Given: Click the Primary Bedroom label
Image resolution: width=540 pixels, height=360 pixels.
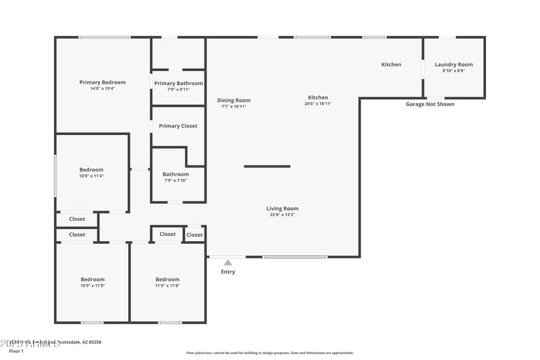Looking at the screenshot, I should [x=103, y=82].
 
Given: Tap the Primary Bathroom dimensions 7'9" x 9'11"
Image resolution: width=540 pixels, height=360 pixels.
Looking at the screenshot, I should [x=178, y=89].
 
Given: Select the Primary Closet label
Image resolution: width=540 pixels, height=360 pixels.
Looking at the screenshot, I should [x=178, y=126].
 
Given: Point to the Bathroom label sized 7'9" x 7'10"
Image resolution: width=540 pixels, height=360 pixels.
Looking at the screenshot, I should [x=175, y=174].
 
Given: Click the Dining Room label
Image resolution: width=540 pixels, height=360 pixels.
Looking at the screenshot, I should [x=234, y=100].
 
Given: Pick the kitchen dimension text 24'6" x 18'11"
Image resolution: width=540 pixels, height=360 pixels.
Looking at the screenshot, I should [x=318, y=104].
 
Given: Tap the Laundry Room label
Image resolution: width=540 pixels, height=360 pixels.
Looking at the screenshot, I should [x=454, y=64].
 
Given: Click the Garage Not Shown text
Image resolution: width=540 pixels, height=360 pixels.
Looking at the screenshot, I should [x=430, y=104].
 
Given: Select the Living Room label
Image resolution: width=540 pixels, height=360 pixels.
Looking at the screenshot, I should [x=282, y=209].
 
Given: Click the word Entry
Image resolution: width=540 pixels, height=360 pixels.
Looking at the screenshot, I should [x=228, y=272].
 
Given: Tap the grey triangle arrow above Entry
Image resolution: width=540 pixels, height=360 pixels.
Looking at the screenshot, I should [x=228, y=263].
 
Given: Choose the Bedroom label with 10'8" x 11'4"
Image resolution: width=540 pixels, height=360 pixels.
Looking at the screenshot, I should [x=92, y=170].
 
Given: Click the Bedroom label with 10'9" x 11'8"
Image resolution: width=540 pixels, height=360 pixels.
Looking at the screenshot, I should [x=92, y=280].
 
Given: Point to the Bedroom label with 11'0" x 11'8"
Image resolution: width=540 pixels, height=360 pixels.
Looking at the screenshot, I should [x=167, y=280].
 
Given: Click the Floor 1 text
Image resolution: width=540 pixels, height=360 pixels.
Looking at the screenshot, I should [x=16, y=351].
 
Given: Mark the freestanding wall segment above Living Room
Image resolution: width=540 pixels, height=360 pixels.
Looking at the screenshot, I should [x=267, y=166].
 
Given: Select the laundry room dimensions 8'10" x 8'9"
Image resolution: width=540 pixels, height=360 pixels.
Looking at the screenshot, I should [x=454, y=71].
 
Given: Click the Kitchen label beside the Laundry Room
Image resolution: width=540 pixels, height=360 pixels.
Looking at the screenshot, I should [x=391, y=64].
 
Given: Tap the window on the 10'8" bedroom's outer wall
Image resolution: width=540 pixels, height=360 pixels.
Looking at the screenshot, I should [x=55, y=176].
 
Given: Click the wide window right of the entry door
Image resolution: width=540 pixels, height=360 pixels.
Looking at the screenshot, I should [x=295, y=257].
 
